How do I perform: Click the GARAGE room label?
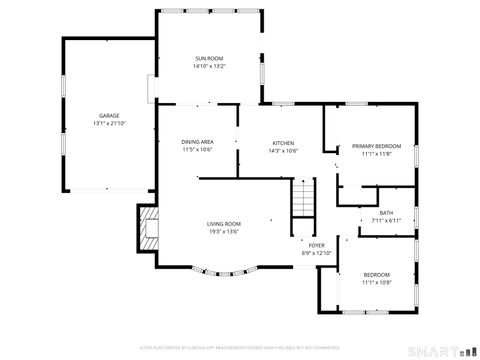[108, 115]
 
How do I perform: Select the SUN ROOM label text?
[209, 59]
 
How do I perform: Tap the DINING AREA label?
[197, 142]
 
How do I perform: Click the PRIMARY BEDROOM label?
[370, 146]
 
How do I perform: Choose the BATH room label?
[385, 212]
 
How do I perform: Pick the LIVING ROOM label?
[224, 223]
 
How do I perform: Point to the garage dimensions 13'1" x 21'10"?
[108, 123]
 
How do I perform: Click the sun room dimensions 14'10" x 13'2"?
[209, 67]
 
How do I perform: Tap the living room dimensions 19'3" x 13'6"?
[224, 231]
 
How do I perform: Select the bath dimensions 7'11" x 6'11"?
[385, 220]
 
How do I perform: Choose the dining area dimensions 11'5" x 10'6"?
[197, 150]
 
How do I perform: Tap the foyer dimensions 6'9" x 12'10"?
[316, 253]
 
